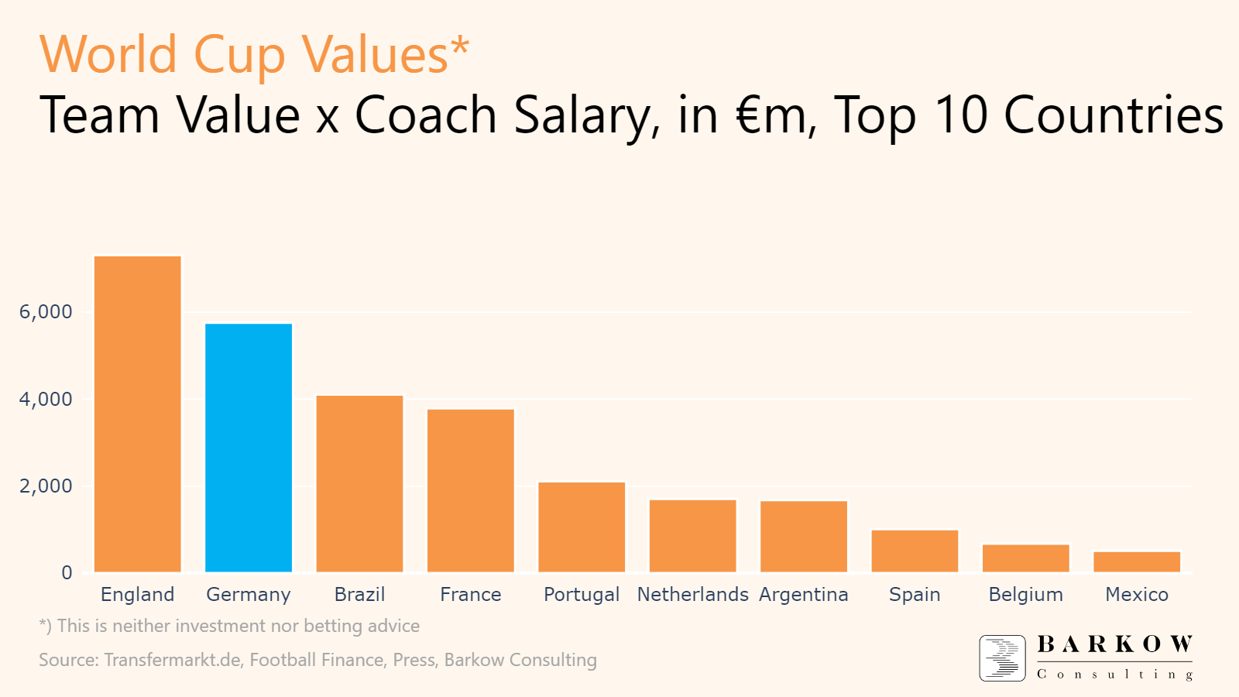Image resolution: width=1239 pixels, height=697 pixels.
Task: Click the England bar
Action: coord(137,414)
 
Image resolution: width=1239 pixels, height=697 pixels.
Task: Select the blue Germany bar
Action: coord(249,448)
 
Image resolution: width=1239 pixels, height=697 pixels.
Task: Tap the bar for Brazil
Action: coord(359,484)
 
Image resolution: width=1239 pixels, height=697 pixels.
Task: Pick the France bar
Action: coord(471,490)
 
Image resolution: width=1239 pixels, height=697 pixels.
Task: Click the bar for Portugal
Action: coord(582,527)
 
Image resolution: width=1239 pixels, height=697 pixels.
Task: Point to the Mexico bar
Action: coord(1137,562)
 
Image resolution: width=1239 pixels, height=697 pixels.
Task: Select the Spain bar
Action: coord(915,551)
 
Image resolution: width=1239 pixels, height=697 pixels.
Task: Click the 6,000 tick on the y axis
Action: coord(46,312)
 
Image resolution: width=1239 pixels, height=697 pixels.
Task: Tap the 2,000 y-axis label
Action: coord(46,486)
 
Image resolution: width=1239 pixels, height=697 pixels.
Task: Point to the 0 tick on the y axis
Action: coord(67,573)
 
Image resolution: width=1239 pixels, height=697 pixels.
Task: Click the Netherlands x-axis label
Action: coord(692,595)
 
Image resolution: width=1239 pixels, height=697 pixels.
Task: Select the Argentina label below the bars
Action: coord(804,595)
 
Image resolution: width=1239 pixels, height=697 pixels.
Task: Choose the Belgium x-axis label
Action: coord(1025,595)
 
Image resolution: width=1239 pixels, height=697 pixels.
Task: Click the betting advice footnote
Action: coord(229,626)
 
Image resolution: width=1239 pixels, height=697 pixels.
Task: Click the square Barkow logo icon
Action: coord(1002,658)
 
